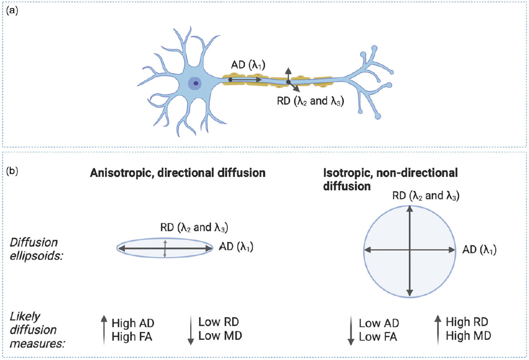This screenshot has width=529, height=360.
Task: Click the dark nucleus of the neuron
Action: [x=195, y=84]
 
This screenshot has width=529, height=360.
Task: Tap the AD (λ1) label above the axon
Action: [x=248, y=65]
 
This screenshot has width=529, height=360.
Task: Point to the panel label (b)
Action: [x=12, y=170]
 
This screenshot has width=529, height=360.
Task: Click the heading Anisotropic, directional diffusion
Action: [x=178, y=173]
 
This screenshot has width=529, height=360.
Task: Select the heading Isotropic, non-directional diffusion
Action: [x=390, y=179]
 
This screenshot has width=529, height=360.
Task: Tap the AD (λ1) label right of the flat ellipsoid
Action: [x=236, y=247]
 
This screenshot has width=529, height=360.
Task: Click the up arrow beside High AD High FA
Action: [x=104, y=329]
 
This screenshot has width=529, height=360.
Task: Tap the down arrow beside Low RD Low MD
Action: [x=190, y=329]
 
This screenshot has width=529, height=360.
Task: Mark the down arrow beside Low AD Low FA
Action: [x=350, y=331]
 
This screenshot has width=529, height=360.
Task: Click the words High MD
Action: [x=468, y=335]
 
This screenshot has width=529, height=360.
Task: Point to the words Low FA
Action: [x=378, y=337]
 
